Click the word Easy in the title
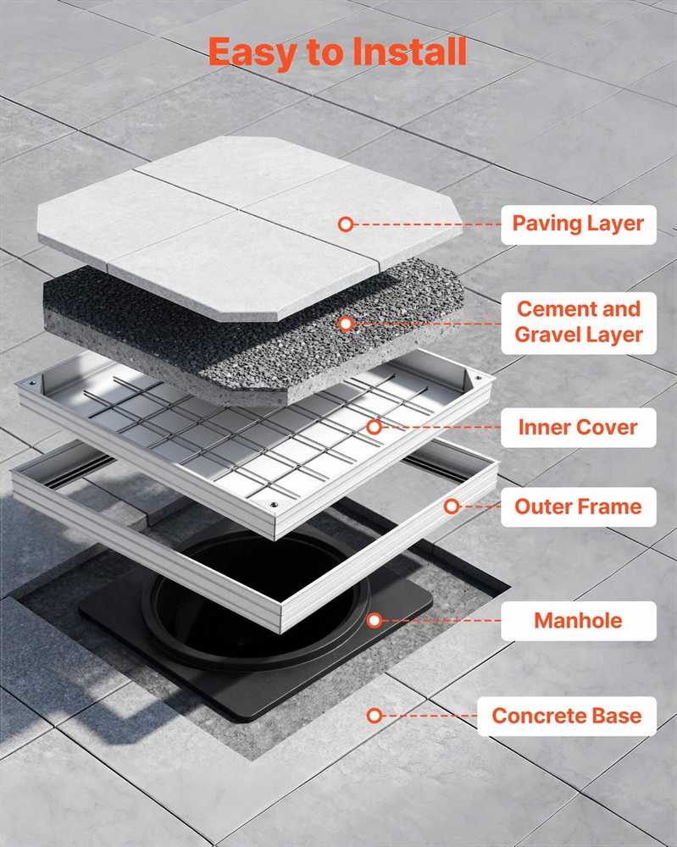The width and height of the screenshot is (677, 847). [x=252, y=53]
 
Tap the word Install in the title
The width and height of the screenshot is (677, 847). [x=409, y=52]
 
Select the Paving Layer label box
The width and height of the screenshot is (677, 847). [x=579, y=224]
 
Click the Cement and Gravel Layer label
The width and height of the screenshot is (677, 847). [x=579, y=323]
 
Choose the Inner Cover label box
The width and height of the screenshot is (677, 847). [x=579, y=427]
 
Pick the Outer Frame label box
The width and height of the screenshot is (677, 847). [x=579, y=507]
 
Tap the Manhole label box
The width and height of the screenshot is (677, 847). [x=579, y=621]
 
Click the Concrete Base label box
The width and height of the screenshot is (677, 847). [x=567, y=717]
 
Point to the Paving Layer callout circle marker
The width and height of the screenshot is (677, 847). [x=346, y=224]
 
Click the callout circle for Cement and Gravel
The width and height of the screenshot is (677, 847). [x=347, y=324]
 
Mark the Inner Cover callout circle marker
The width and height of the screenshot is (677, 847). [x=375, y=427]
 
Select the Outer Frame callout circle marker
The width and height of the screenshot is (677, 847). [x=452, y=507]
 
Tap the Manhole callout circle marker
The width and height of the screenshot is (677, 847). [x=375, y=620]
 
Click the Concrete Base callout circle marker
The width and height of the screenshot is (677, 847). [x=375, y=716]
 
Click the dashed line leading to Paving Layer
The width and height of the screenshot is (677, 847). [x=427, y=224]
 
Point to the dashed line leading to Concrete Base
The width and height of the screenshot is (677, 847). [x=430, y=716]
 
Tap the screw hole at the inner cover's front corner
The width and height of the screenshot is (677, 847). [x=274, y=505]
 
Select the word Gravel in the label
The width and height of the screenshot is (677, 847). [x=547, y=335]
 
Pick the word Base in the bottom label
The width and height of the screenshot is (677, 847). [x=618, y=717]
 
